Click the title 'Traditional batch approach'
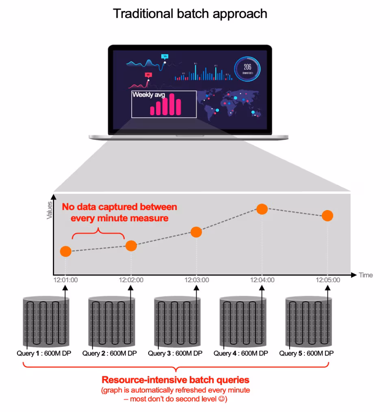tap(190, 13)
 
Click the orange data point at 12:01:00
tap(66, 251)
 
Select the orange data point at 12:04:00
tap(262, 209)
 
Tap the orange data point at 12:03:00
tap(196, 232)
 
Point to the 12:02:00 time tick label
tap(131, 280)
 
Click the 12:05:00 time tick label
tap(328, 280)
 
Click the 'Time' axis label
tap(366, 275)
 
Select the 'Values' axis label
tap(50, 210)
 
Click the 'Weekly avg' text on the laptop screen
tap(149, 95)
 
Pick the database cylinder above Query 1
tap(46, 320)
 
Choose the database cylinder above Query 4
tap(243, 320)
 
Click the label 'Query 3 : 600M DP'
tap(175, 353)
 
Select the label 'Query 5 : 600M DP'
tap(306, 353)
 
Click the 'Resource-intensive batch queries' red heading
tap(175, 380)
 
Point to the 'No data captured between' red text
tap(119, 207)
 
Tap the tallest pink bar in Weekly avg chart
tap(171, 104)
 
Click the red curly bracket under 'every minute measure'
tap(98, 234)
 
